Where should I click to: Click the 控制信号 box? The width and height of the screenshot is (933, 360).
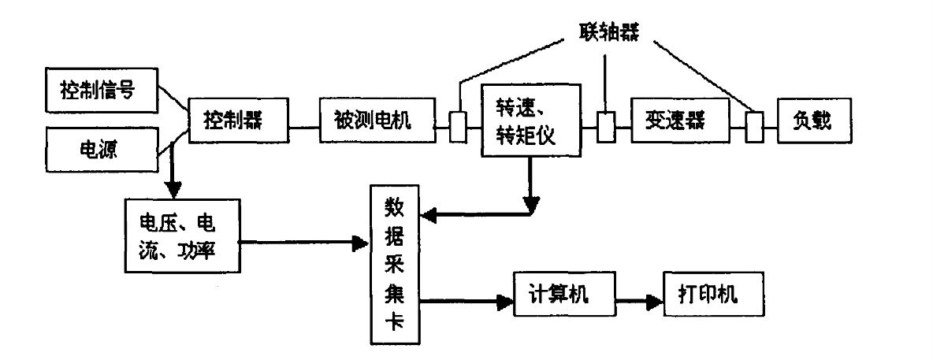point(97,89)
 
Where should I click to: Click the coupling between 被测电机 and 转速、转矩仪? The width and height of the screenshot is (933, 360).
point(458,126)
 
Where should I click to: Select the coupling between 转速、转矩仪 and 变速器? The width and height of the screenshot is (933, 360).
point(605,126)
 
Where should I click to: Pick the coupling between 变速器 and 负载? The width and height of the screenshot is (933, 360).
point(754,126)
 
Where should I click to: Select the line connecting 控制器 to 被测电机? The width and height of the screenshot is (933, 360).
point(303,126)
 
